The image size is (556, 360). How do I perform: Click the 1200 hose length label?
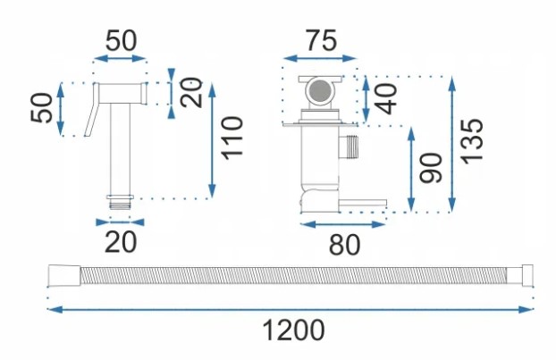point(292,331)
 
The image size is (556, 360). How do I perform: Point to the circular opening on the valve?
point(318,90)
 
